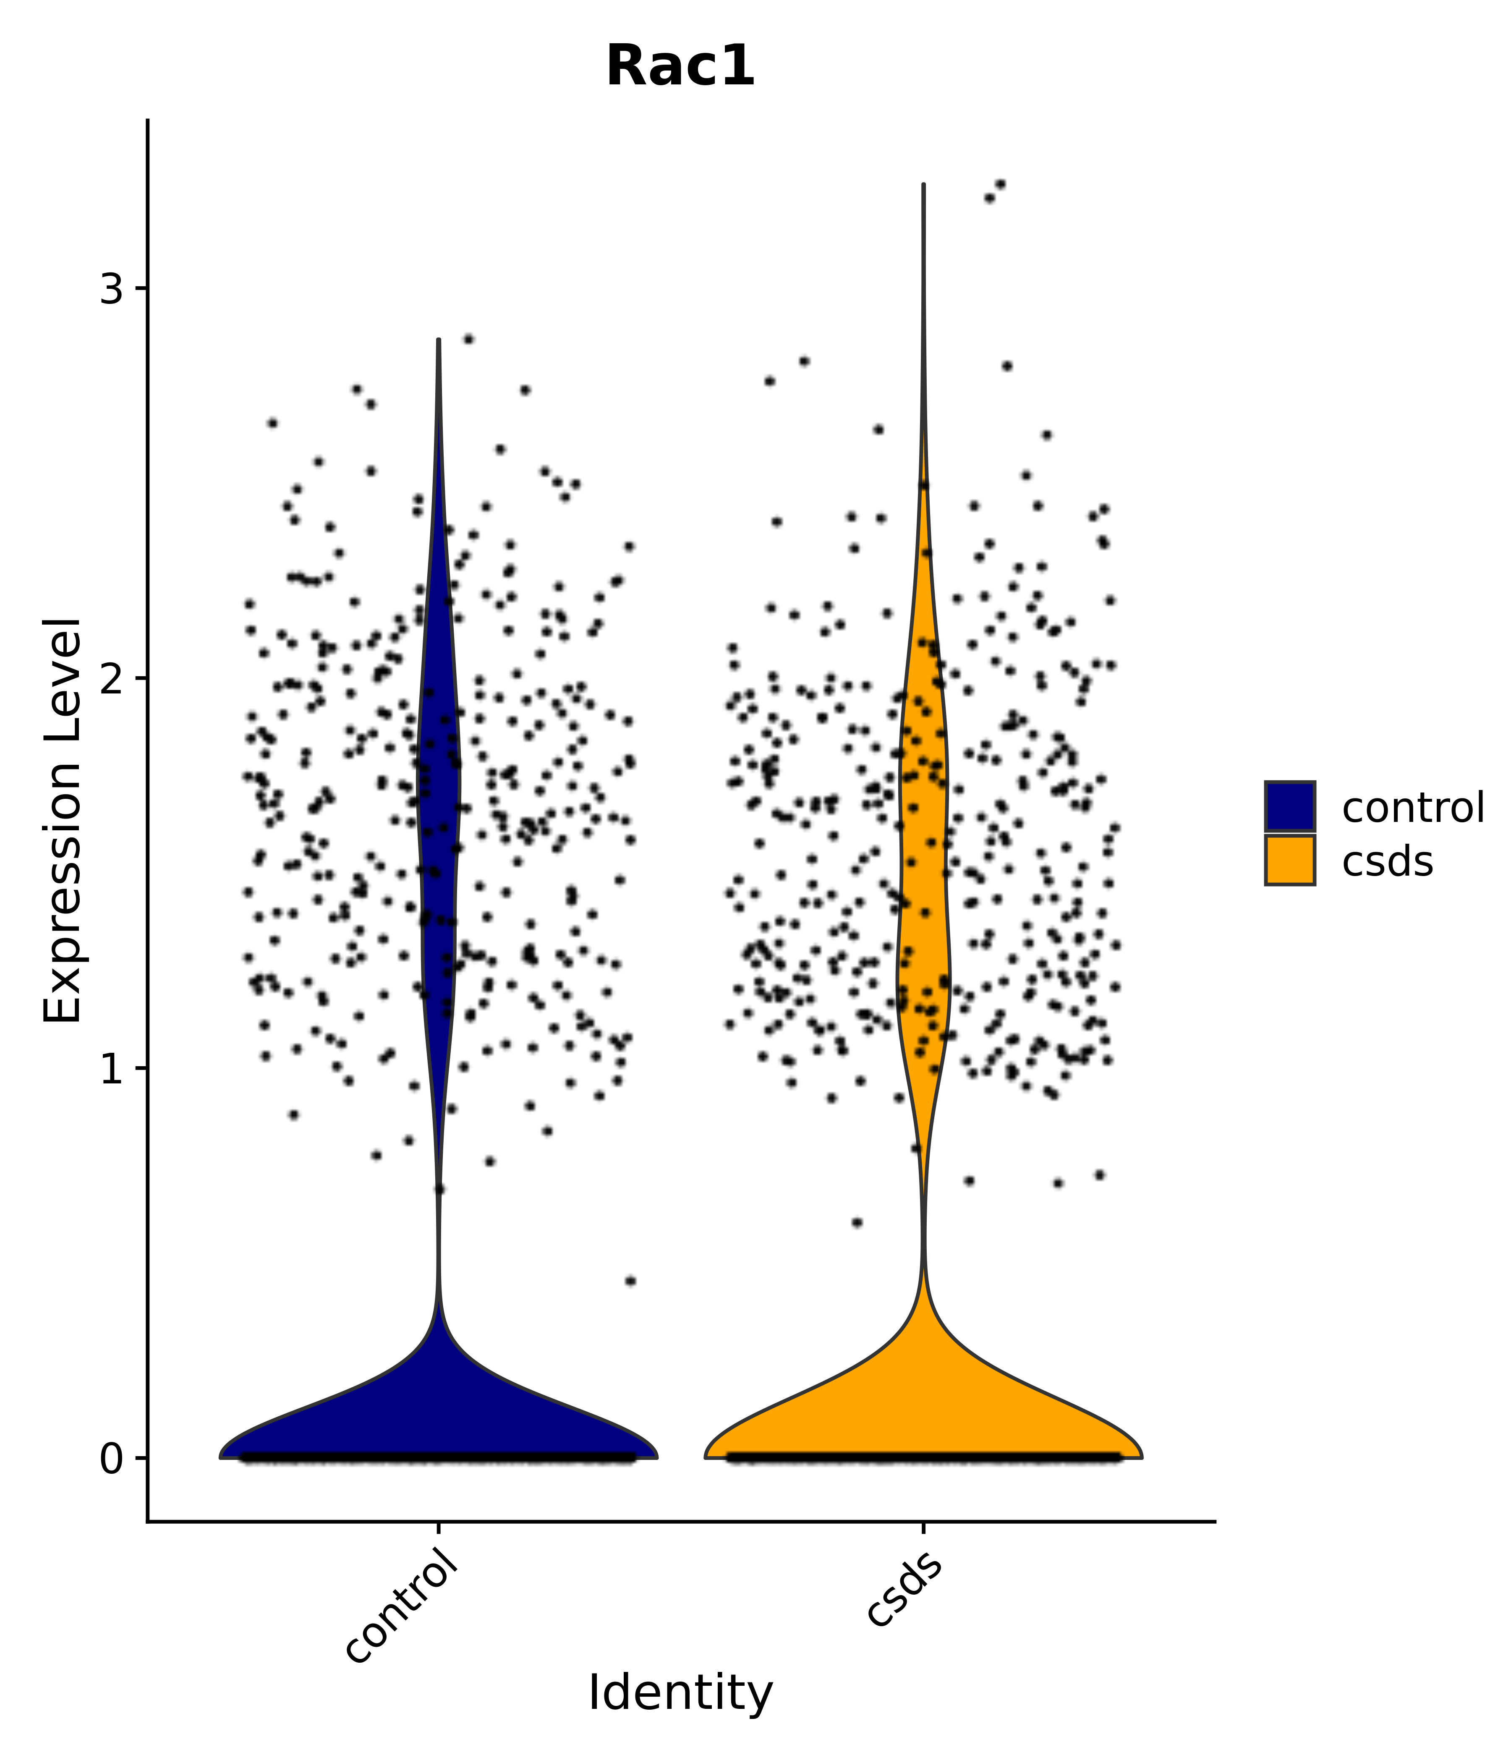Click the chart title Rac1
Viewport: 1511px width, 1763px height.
tap(680, 66)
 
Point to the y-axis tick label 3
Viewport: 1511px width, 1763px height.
tap(112, 290)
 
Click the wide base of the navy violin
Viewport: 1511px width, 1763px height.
tap(438, 1429)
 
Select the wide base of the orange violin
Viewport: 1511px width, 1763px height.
tap(923, 1429)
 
